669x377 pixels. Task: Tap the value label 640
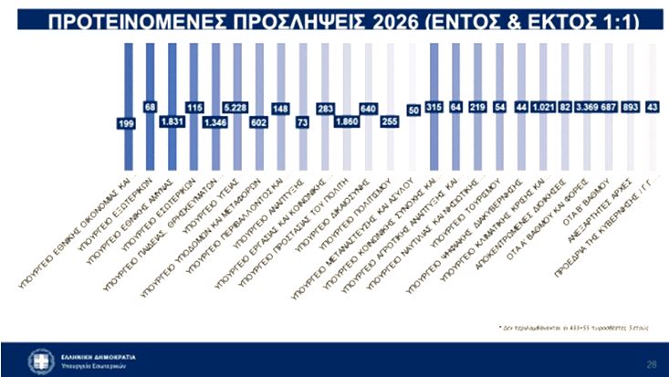tap(370, 108)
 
